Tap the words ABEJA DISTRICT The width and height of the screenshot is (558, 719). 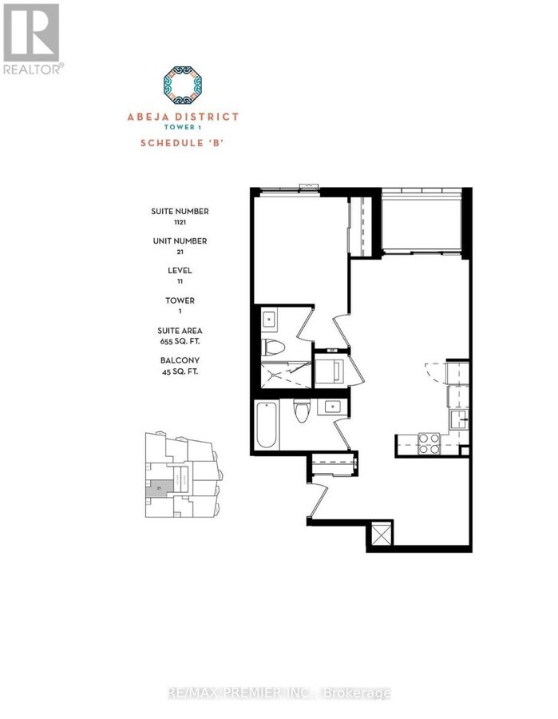(183, 116)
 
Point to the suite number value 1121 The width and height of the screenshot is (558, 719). (180, 223)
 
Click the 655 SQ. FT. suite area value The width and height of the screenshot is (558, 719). (180, 340)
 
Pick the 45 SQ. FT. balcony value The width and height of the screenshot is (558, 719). (180, 370)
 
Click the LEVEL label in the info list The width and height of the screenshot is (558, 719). (180, 270)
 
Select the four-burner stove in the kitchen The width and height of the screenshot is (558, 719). (429, 443)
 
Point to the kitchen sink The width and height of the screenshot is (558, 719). (459, 418)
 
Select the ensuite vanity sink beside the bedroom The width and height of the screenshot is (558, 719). (270, 320)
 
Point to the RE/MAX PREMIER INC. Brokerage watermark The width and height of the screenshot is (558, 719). (279, 692)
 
